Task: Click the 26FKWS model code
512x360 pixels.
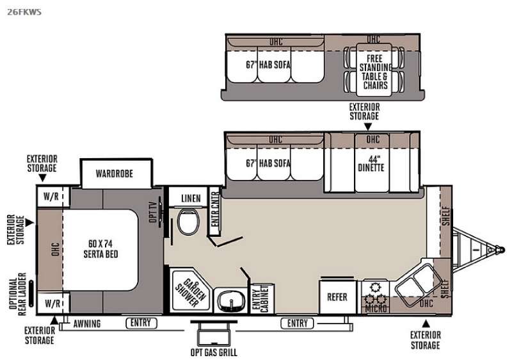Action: (x=24, y=12)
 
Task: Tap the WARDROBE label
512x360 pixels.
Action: (x=115, y=174)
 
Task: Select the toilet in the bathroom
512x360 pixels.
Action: (x=188, y=222)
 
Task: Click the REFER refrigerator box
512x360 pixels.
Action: (x=337, y=297)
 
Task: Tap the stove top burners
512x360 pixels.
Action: (x=376, y=294)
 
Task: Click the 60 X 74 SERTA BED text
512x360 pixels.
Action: (x=100, y=249)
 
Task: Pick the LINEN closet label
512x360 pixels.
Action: (x=191, y=199)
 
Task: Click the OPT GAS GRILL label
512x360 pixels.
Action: (x=214, y=352)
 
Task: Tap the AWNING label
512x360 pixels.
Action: (x=87, y=323)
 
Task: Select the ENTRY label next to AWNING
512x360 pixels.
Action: (x=141, y=323)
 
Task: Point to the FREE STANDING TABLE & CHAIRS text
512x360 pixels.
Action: (x=375, y=72)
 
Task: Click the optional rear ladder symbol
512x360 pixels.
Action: (x=31, y=293)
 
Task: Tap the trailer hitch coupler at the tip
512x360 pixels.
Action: (x=500, y=250)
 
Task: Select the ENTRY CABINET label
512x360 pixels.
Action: (x=260, y=299)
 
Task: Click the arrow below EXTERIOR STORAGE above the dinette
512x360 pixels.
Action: (x=367, y=126)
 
